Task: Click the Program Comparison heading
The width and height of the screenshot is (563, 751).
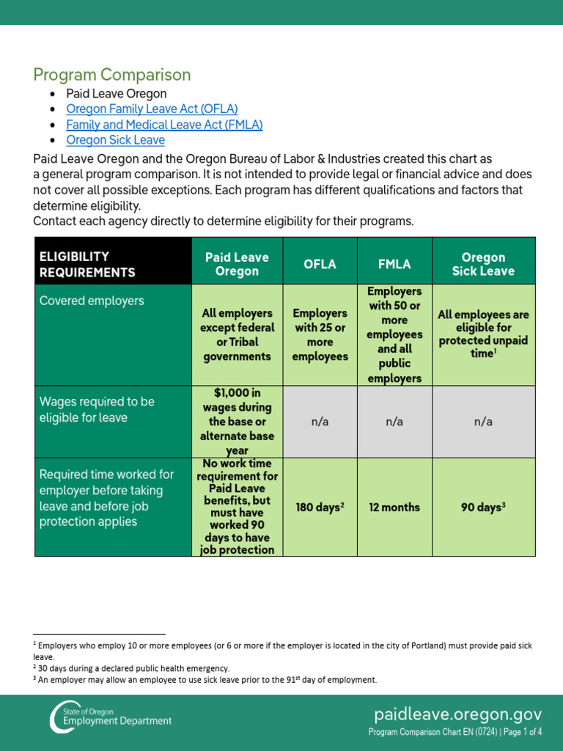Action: point(112,75)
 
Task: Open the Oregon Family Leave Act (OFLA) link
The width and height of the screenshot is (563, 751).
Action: point(152,109)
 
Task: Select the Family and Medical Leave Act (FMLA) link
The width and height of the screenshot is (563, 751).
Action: point(164,125)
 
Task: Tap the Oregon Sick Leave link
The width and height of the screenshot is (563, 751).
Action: point(115,140)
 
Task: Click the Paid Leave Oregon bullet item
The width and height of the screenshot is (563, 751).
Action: point(116,94)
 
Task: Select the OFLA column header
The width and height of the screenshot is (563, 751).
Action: point(320,264)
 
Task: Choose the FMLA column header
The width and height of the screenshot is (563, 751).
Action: point(394,264)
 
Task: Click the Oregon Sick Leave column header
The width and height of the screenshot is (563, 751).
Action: point(483,264)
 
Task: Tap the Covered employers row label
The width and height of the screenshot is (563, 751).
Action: point(92,301)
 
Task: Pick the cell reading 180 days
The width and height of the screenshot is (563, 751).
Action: point(320,508)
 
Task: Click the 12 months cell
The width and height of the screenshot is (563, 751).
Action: point(394,508)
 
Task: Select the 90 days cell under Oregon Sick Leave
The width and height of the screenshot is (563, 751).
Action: point(483,508)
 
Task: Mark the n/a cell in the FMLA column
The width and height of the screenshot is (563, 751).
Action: point(394,422)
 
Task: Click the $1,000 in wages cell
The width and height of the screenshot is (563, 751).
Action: point(237,422)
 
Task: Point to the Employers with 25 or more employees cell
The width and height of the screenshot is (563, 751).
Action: point(320,334)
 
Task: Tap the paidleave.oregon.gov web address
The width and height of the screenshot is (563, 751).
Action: point(458,714)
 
